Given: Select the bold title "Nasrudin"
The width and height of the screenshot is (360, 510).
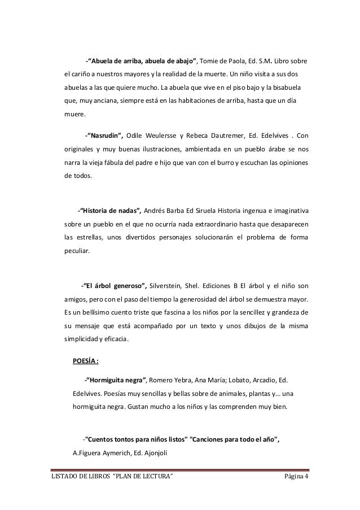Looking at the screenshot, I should point(104,136).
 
